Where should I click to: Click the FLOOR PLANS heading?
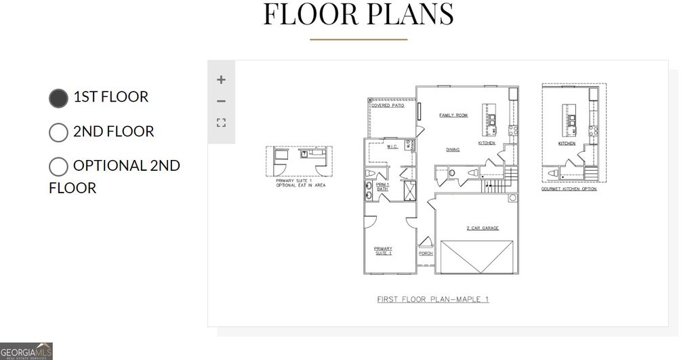[x=359, y=15]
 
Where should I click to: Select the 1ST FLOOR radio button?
[x=59, y=98]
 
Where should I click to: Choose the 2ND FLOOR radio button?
[x=59, y=132]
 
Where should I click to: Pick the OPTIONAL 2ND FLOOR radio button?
[x=59, y=167]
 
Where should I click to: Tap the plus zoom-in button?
[x=221, y=79]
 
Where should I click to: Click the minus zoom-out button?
[x=221, y=102]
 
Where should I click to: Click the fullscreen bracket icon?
[x=221, y=123]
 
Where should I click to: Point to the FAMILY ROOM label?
[x=453, y=115]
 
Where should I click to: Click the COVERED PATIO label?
[x=387, y=106]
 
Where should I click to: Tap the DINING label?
[x=453, y=150]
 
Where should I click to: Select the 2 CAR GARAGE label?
[x=482, y=228]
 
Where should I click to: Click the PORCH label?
[x=426, y=253]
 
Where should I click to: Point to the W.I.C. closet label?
[x=392, y=146]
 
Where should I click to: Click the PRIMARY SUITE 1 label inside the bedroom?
[x=384, y=251]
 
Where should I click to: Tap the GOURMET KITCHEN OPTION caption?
[x=569, y=189]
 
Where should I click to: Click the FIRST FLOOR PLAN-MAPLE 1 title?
[x=432, y=299]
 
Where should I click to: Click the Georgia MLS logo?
[x=26, y=351]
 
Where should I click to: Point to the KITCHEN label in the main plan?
[x=487, y=144]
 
